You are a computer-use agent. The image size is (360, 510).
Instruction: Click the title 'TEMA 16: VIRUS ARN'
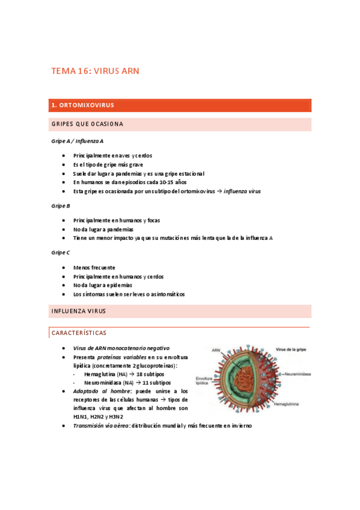click(x=95, y=71)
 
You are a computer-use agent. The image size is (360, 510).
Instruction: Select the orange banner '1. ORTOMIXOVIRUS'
click(x=82, y=105)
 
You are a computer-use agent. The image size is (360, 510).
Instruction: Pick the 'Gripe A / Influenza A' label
click(x=77, y=141)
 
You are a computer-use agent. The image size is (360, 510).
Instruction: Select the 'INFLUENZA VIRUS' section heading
click(x=79, y=311)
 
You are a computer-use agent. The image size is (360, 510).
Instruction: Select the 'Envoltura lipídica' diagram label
click(x=203, y=381)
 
